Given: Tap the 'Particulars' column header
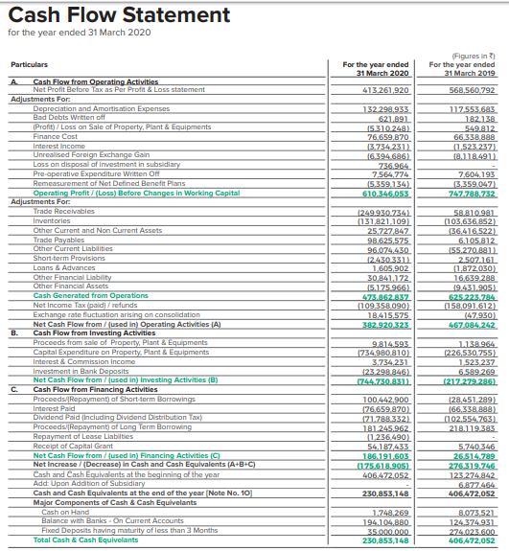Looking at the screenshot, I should pyautogui.click(x=29, y=65).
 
